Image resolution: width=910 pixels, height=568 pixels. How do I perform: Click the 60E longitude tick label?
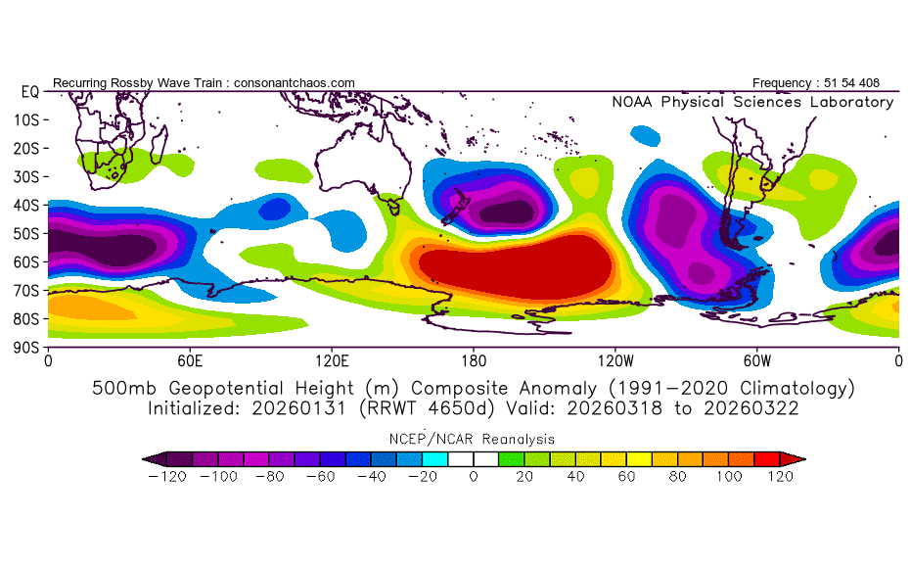tap(190, 360)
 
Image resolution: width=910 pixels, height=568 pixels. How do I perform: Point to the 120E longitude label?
tap(332, 360)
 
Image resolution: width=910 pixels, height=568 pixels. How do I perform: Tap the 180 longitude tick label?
tap(474, 360)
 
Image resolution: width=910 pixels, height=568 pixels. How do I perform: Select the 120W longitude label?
tap(615, 360)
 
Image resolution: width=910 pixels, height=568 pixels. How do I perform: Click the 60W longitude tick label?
tap(757, 360)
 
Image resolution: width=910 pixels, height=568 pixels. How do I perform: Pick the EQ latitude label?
tap(29, 91)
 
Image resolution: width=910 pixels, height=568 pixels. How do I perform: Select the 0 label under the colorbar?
tap(473, 476)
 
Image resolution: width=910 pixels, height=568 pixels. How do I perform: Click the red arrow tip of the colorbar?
tap(798, 457)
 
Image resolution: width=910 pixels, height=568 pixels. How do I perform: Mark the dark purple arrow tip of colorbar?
tap(149, 457)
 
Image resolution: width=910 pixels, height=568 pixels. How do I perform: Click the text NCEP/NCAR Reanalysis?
tap(474, 439)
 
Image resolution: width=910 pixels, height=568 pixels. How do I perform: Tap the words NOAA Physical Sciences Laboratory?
tap(751, 102)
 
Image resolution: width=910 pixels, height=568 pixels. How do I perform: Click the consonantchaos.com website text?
tap(295, 83)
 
